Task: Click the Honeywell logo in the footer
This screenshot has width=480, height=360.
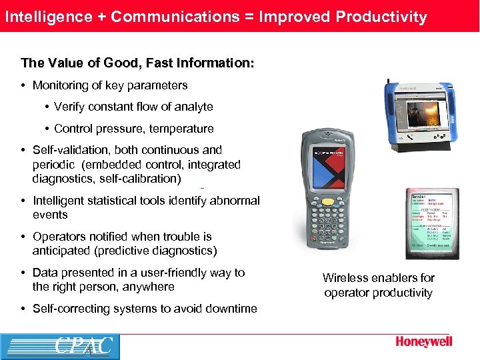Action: point(423,342)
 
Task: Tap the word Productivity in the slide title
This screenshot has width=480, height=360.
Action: point(382,17)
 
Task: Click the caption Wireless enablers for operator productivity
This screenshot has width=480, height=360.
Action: point(378,285)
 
